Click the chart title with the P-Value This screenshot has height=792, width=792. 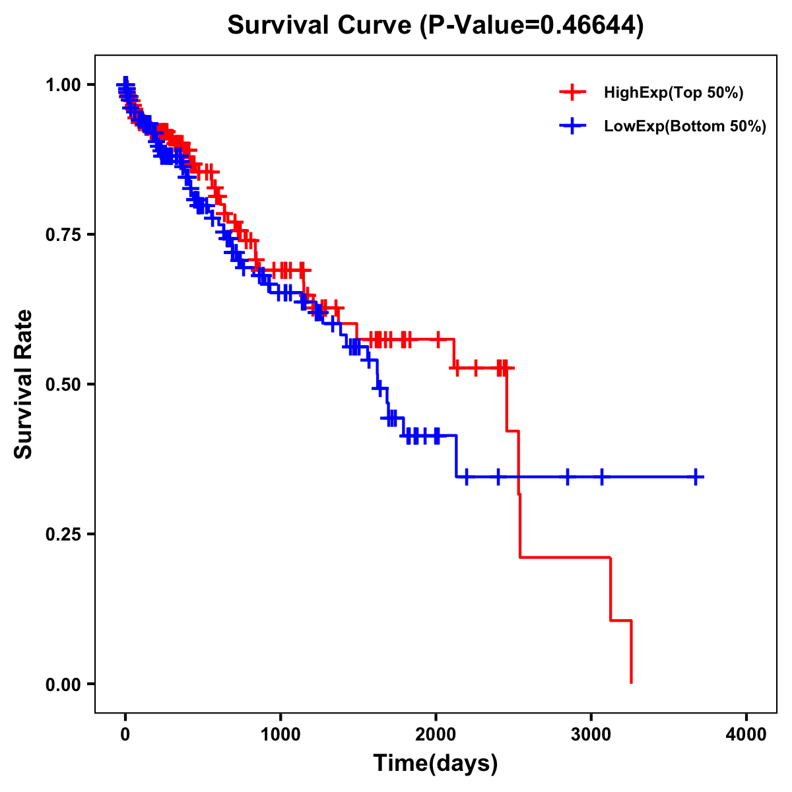[436, 25]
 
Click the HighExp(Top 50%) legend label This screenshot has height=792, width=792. [674, 93]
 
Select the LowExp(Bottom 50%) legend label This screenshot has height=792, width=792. [685, 126]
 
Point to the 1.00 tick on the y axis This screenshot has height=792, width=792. [63, 85]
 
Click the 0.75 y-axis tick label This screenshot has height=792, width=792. [63, 235]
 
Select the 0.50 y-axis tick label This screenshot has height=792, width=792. [63, 385]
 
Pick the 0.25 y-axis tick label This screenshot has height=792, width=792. [63, 535]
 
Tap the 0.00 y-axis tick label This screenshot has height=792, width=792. [63, 684]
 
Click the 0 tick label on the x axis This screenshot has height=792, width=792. [125, 735]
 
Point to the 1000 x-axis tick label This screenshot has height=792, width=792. [280, 735]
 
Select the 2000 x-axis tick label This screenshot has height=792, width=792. [436, 735]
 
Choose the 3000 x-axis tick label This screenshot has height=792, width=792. [591, 735]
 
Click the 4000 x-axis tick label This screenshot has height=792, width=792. [746, 735]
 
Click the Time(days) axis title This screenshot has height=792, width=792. [436, 764]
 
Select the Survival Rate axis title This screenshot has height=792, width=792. [24, 384]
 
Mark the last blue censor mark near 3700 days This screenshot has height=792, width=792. [696, 477]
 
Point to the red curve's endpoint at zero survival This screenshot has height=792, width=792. [631, 682]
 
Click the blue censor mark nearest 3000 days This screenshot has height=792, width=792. [601, 477]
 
